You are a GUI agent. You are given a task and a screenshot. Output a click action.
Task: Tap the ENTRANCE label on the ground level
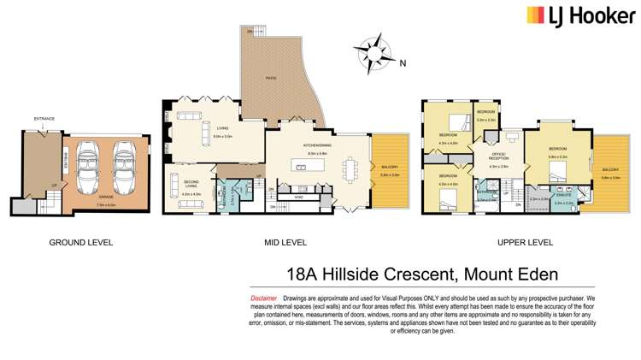pos(44,119)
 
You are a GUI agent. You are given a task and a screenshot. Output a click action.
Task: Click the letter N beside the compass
pos(404,62)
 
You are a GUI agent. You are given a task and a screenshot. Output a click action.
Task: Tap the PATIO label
pos(271,77)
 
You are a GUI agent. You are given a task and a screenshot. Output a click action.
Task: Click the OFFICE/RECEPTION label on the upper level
pos(498,156)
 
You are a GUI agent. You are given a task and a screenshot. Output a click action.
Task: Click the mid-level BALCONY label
pos(388,167)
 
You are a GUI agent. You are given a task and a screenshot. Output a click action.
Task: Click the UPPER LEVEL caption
pos(525,242)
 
